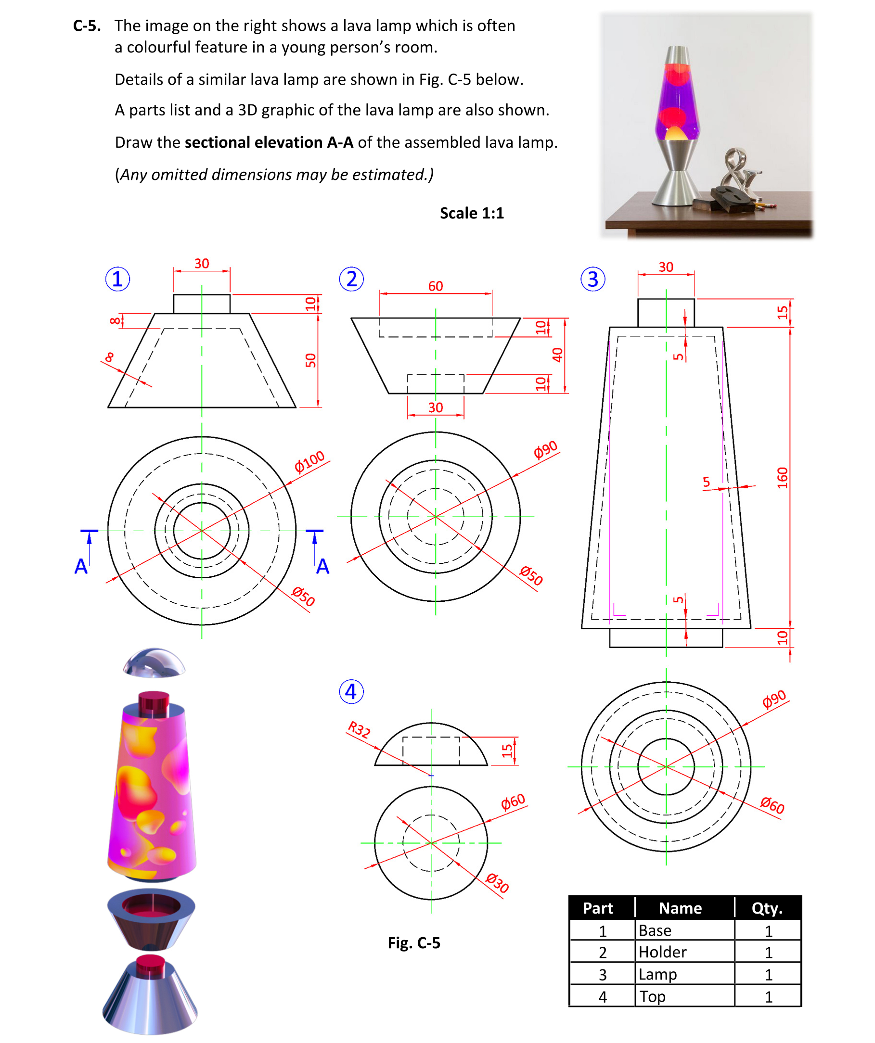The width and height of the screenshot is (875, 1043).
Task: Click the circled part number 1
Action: tap(118, 279)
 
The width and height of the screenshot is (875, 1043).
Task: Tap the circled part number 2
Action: tap(351, 279)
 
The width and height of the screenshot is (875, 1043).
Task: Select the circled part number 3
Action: tap(593, 279)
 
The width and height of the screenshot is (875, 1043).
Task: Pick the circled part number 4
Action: tap(351, 692)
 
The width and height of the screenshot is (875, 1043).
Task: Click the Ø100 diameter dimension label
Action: tap(309, 461)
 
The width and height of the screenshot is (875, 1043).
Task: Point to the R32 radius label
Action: tap(359, 730)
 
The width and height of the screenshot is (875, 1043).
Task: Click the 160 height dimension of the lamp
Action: tap(783, 477)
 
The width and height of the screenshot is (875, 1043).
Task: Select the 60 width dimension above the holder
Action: tap(435, 286)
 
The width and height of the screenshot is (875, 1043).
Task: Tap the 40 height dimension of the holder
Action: tap(557, 355)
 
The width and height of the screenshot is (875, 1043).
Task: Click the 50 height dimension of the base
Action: tap(310, 360)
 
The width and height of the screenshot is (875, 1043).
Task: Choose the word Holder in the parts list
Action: tap(662, 952)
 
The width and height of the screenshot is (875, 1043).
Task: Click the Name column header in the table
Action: tap(680, 908)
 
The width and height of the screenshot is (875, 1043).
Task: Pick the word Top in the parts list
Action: tap(652, 996)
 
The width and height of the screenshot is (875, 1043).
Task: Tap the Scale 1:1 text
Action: tap(472, 213)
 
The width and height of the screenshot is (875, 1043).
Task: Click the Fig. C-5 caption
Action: tap(414, 942)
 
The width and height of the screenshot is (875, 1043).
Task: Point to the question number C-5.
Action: tap(87, 26)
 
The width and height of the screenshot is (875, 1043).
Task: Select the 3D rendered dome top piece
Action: tap(154, 662)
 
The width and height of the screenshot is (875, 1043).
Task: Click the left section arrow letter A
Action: tap(81, 566)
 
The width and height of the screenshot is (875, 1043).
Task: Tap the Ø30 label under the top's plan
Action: tap(497, 883)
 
